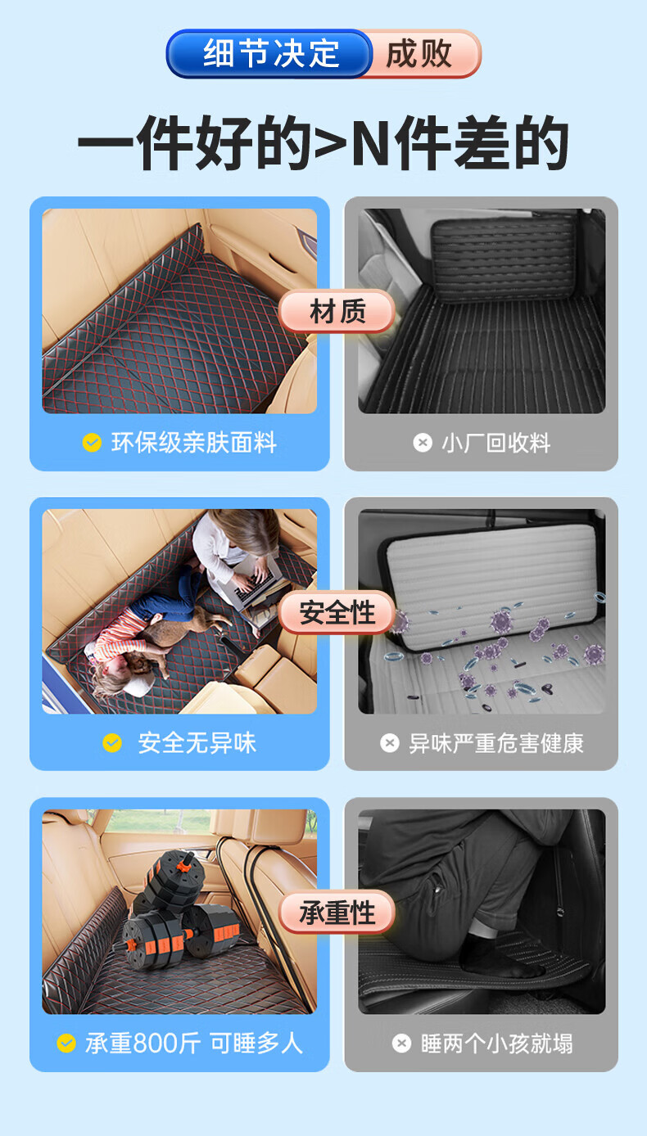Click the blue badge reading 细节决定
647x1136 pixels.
[x=269, y=53]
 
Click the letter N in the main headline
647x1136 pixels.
[x=372, y=142]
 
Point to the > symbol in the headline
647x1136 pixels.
[x=331, y=143]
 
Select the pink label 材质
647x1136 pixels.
[x=337, y=310]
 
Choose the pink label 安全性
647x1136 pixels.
[x=337, y=611]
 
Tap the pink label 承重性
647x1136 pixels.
[x=337, y=911]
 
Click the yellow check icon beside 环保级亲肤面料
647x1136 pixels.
[x=92, y=442]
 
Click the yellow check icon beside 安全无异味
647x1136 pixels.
[x=112, y=743]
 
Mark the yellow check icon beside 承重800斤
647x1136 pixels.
[x=66, y=1044]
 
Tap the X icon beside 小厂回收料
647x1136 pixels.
[x=423, y=442]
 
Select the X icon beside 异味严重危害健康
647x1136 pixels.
[x=389, y=743]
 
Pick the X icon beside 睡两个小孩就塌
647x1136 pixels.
[x=401, y=1044]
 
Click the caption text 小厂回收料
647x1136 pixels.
[x=495, y=443]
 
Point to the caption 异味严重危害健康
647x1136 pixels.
[x=496, y=743]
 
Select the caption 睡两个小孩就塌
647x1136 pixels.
[x=497, y=1044]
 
